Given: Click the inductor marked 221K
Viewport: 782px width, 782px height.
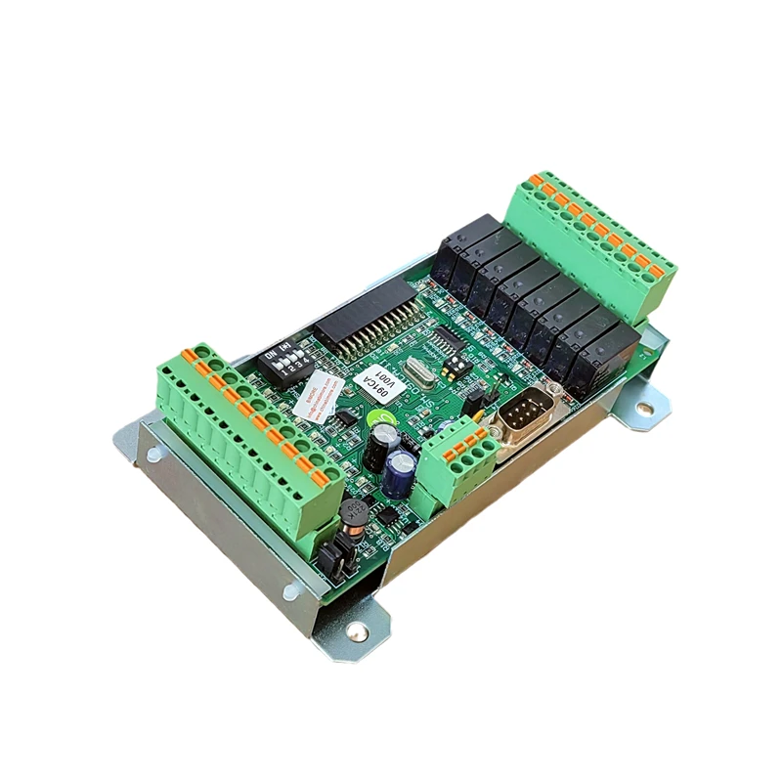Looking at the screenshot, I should [x=353, y=515].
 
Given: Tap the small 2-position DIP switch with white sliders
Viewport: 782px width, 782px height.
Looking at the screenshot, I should [x=455, y=366].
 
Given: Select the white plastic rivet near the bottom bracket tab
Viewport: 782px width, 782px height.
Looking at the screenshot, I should [x=292, y=590].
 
